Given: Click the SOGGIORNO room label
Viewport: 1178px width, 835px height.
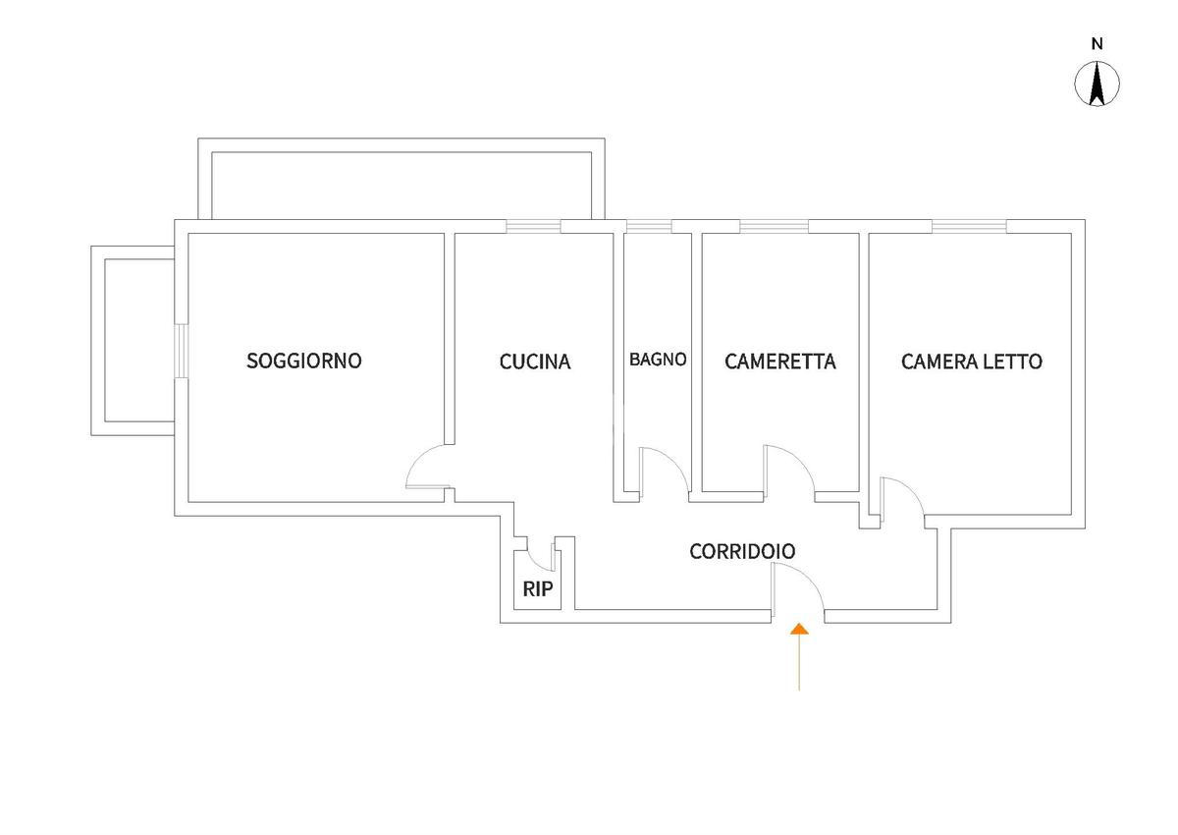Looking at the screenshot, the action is (304, 361).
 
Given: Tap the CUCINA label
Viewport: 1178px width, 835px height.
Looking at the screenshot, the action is (535, 362).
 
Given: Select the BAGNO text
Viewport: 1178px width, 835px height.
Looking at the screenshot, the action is (658, 360).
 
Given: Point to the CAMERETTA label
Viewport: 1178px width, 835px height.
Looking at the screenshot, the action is (779, 362).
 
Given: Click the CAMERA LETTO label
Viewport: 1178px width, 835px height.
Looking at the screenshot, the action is (971, 362).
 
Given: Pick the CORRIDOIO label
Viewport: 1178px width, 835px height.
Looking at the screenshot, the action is (742, 551).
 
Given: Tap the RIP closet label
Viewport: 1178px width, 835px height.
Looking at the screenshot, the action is (538, 589).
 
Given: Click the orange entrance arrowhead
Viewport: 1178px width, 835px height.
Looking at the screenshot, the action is (799, 629).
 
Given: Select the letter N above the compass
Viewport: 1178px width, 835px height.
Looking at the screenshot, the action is (1097, 44).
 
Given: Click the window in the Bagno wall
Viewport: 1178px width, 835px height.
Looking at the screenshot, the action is (649, 226).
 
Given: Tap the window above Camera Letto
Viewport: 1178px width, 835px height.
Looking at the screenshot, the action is (969, 226).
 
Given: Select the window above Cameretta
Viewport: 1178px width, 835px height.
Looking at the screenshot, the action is (775, 226).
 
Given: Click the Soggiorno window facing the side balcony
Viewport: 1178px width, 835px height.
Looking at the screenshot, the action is (181, 351).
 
